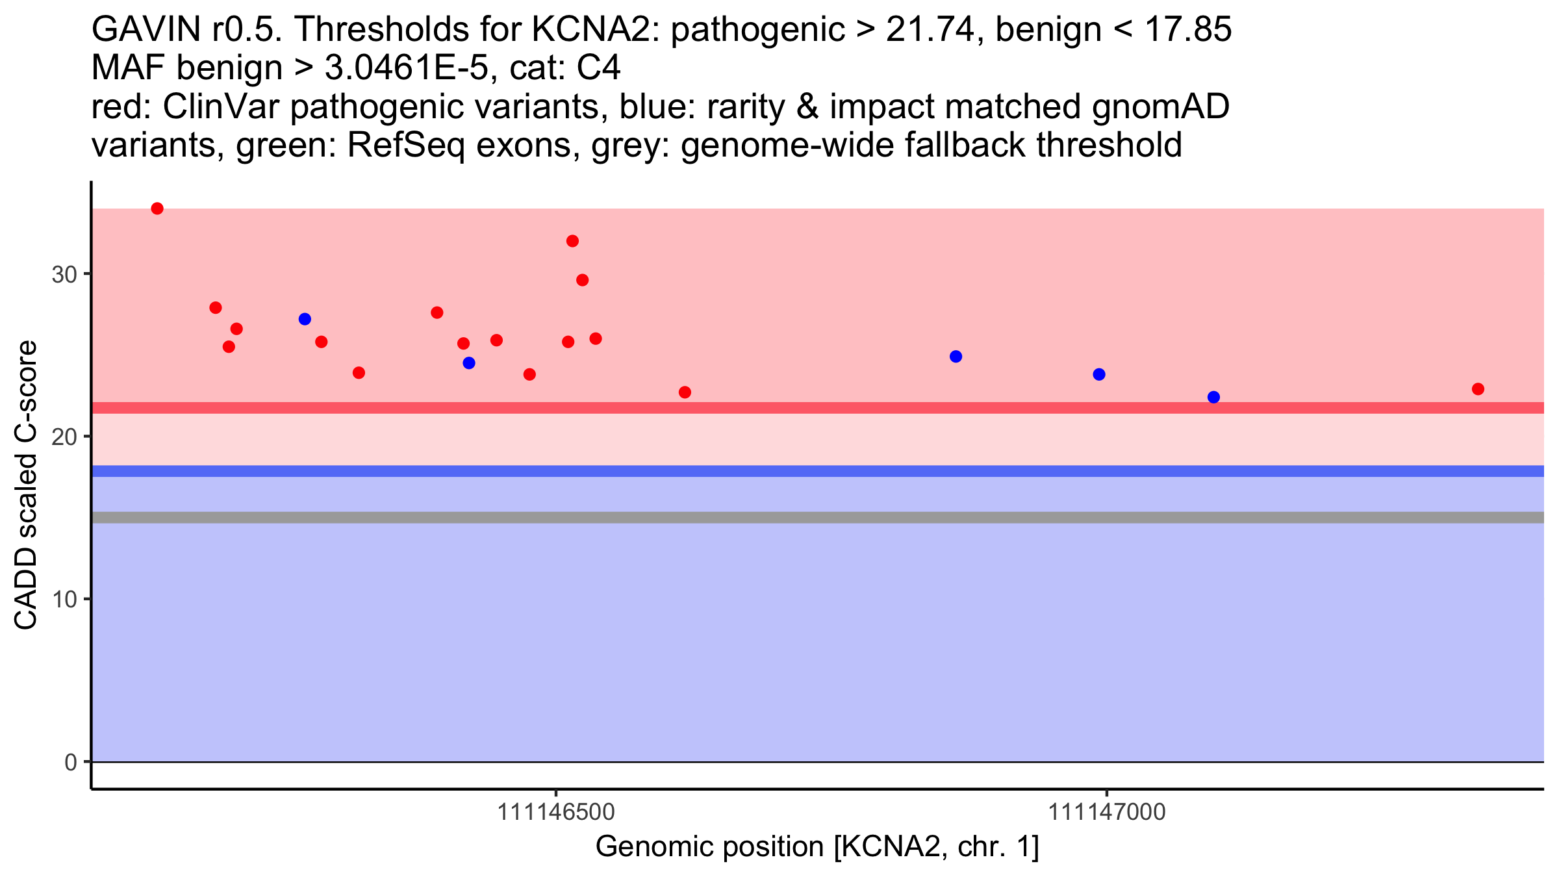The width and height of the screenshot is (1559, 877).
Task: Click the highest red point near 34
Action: click(157, 209)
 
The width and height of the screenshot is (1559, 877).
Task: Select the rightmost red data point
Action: click(1478, 389)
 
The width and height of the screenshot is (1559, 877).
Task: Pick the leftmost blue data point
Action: click(305, 319)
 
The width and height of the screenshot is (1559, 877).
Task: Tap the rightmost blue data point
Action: click(1213, 397)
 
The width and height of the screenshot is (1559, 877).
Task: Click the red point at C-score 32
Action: click(572, 241)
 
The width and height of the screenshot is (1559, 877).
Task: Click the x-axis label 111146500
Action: click(555, 812)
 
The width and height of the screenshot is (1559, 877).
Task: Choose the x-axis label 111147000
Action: click(1107, 812)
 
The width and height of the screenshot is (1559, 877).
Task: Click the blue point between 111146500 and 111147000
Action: click(956, 357)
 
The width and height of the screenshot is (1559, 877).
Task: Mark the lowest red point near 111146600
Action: click(685, 392)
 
